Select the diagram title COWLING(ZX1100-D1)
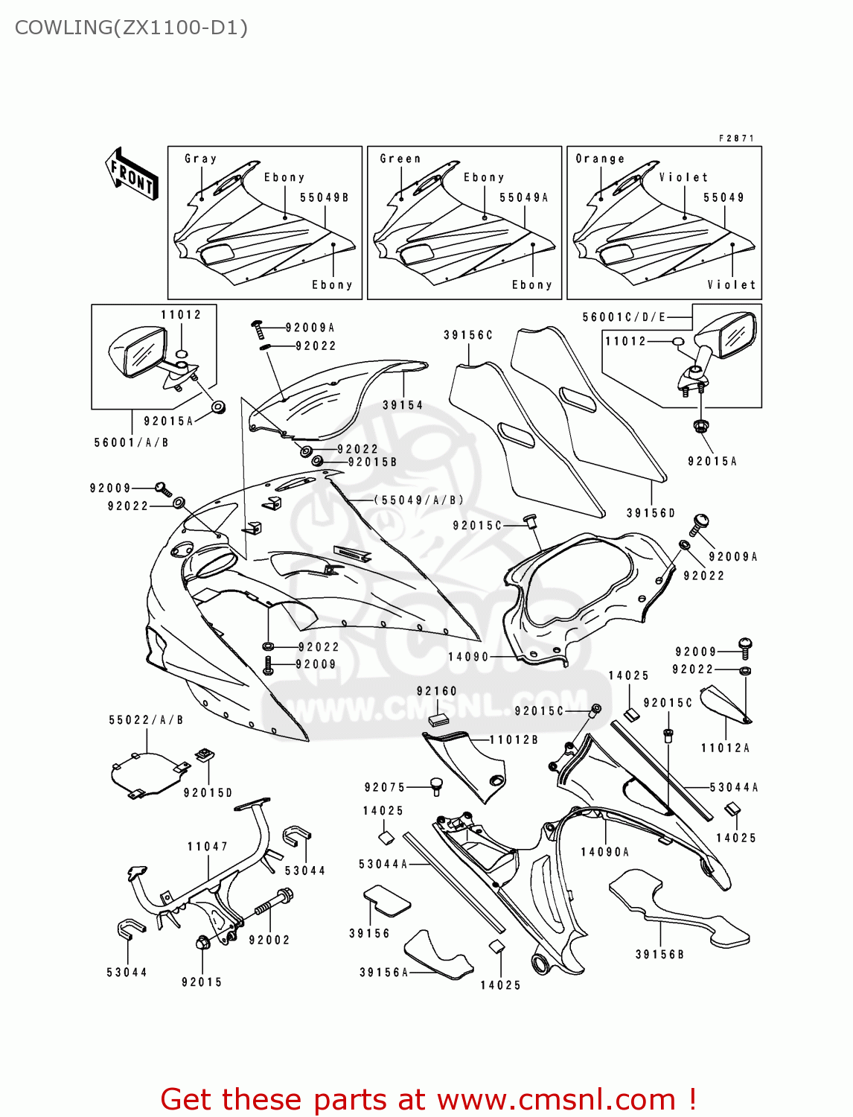coord(131,28)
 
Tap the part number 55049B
coord(325,198)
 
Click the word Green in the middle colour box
coord(400,159)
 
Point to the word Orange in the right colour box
coord(600,159)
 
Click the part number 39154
coord(403,405)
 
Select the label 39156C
coord(468,335)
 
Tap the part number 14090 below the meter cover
coord(468,657)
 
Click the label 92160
coord(437,691)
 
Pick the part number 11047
coord(208,847)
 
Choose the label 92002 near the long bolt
coord(269,941)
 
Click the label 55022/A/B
coord(146,720)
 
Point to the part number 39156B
coord(659,955)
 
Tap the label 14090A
coord(605,852)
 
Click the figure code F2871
coord(736,139)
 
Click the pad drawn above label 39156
coord(387,900)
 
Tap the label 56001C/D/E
coord(624,317)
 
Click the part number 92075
coord(385,787)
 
